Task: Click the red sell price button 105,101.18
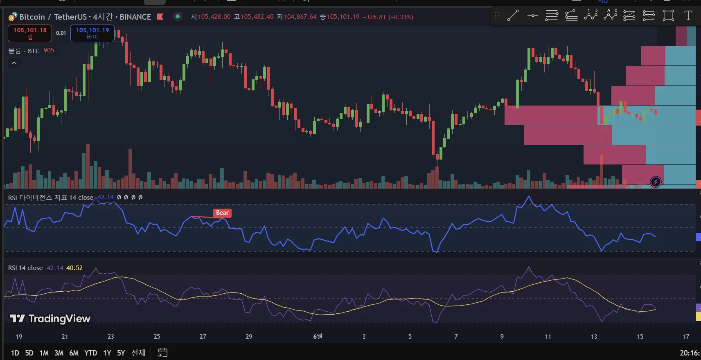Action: coord(30,33)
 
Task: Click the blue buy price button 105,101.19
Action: coord(92,33)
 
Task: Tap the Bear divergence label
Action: coord(222,213)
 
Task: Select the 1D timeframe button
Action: coord(15,353)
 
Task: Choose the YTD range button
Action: coord(90,353)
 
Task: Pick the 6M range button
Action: coord(74,353)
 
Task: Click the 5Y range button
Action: coord(121,353)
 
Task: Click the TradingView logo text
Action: coord(50,319)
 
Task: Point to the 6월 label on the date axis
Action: coord(318,336)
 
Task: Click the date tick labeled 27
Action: coord(203,336)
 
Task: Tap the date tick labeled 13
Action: coord(594,336)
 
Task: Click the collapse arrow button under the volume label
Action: coord(14,63)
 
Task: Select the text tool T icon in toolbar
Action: coord(688,16)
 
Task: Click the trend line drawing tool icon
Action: coord(513,16)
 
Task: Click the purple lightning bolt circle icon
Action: coord(656,182)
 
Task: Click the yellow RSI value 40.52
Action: coord(74,268)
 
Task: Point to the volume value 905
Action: coord(49,50)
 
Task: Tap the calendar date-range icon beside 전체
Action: coord(162,353)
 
